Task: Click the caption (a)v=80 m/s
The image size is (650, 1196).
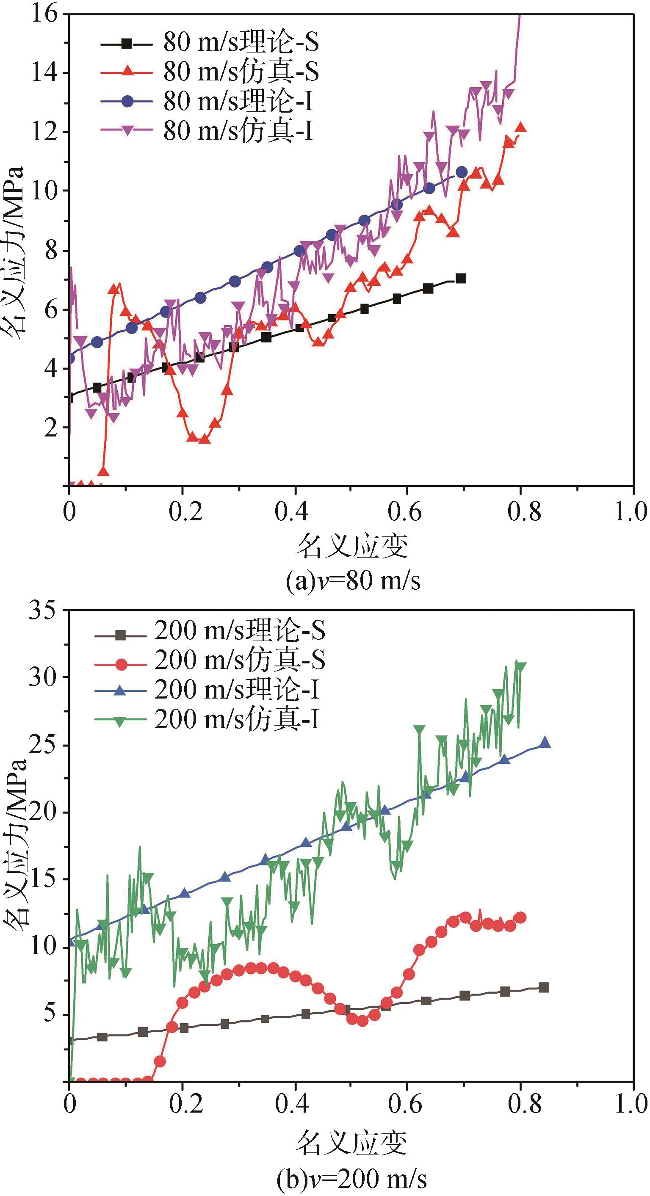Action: (x=353, y=581)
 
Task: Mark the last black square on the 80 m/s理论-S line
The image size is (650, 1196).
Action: (x=461, y=279)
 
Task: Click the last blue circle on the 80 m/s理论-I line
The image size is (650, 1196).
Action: (x=462, y=172)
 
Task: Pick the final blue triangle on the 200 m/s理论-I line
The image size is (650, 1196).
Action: (x=545, y=743)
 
